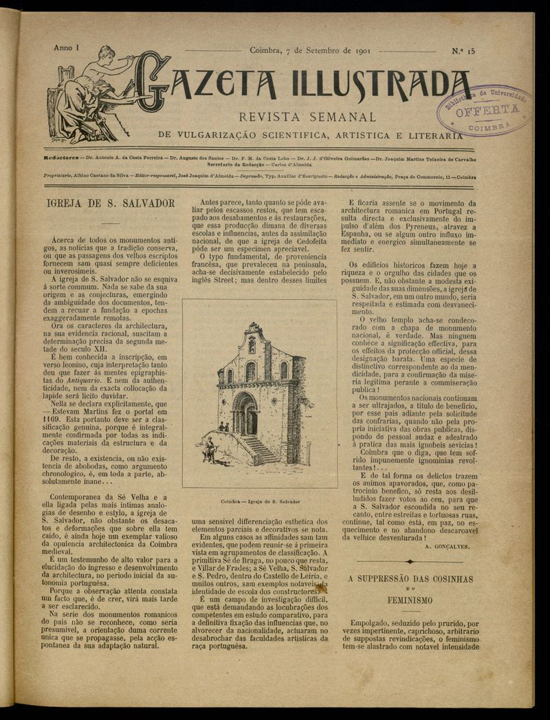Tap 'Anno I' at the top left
(x=66, y=49)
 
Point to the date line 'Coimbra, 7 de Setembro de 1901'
(x=302, y=50)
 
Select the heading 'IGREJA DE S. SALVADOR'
(x=109, y=204)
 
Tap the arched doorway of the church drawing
(x=245, y=414)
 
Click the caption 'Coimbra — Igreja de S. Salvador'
(x=259, y=502)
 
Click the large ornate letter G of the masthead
(x=153, y=83)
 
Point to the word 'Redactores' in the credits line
(x=63, y=157)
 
